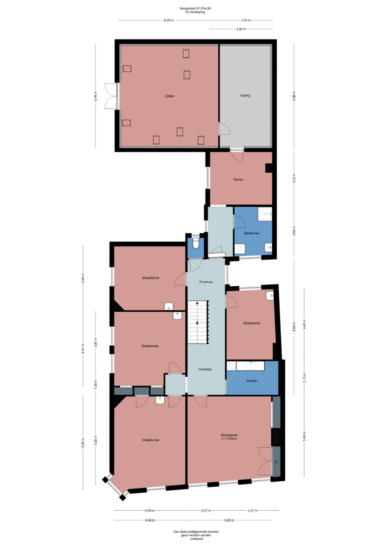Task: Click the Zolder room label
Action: tap(169, 96)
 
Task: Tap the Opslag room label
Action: tap(245, 96)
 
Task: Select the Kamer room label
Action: tap(238, 179)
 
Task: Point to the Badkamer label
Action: tap(252, 233)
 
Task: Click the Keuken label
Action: tap(252, 380)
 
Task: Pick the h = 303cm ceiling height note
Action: tap(229, 438)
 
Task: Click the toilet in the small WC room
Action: tap(196, 243)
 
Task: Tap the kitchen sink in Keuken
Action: tap(251, 366)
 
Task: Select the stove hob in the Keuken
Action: tap(231, 366)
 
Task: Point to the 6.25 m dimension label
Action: tap(169, 20)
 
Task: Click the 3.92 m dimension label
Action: tap(241, 29)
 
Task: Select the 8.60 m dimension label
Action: tap(294, 326)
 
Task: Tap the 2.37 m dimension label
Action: tap(206, 510)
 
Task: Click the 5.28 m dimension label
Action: tap(229, 520)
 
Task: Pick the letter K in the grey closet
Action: tap(276, 462)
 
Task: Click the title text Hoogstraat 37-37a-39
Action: tap(195, 8)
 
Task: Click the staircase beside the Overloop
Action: tap(198, 322)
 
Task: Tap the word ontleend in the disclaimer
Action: tap(197, 539)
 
